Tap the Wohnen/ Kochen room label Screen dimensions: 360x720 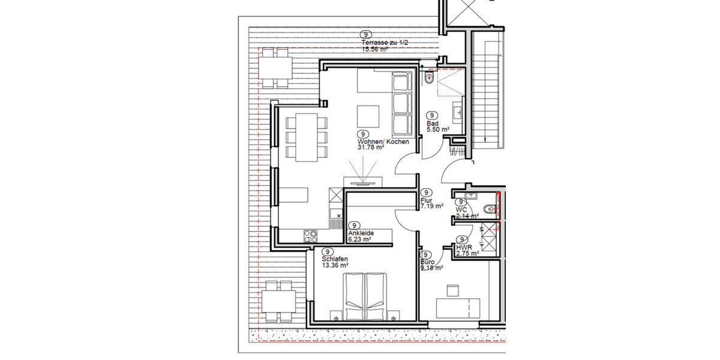coord(383,142)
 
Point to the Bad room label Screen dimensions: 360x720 coord(432,123)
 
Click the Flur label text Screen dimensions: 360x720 coord(427,200)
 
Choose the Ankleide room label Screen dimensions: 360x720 coord(361,233)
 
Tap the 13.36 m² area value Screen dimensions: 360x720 coord(335,265)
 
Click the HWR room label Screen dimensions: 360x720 coord(463,247)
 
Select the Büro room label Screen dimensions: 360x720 coord(427,262)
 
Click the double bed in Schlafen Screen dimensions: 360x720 coord(365,296)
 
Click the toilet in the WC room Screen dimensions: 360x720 coord(491,209)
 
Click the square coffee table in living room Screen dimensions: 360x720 coord(367,115)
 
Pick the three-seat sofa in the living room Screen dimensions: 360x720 coord(400,103)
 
